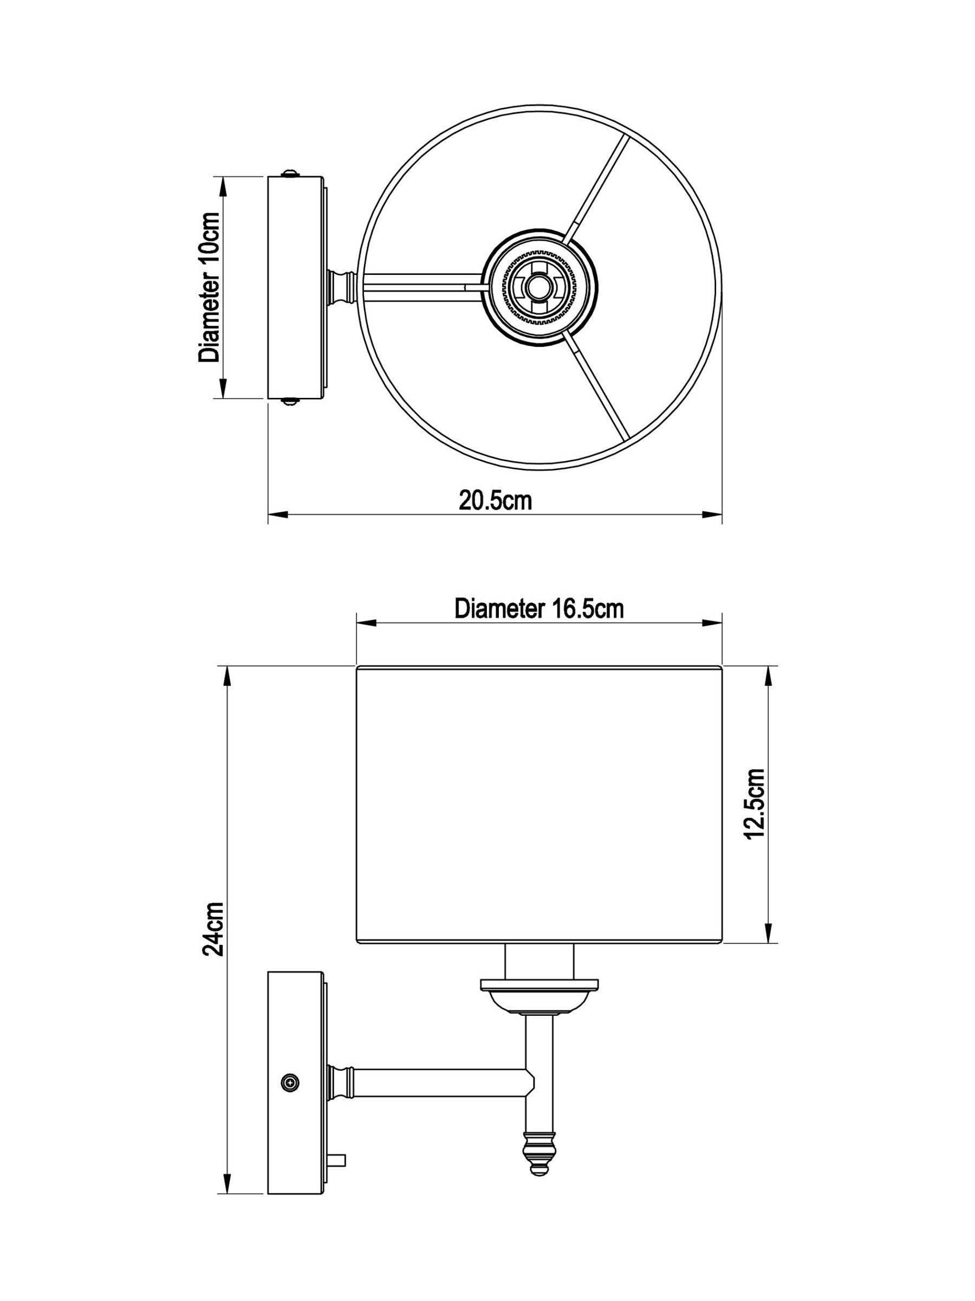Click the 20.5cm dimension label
[496, 500]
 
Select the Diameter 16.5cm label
[539, 609]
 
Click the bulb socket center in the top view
[535, 286]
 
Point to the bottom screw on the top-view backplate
[290, 402]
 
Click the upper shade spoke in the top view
[597, 187]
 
